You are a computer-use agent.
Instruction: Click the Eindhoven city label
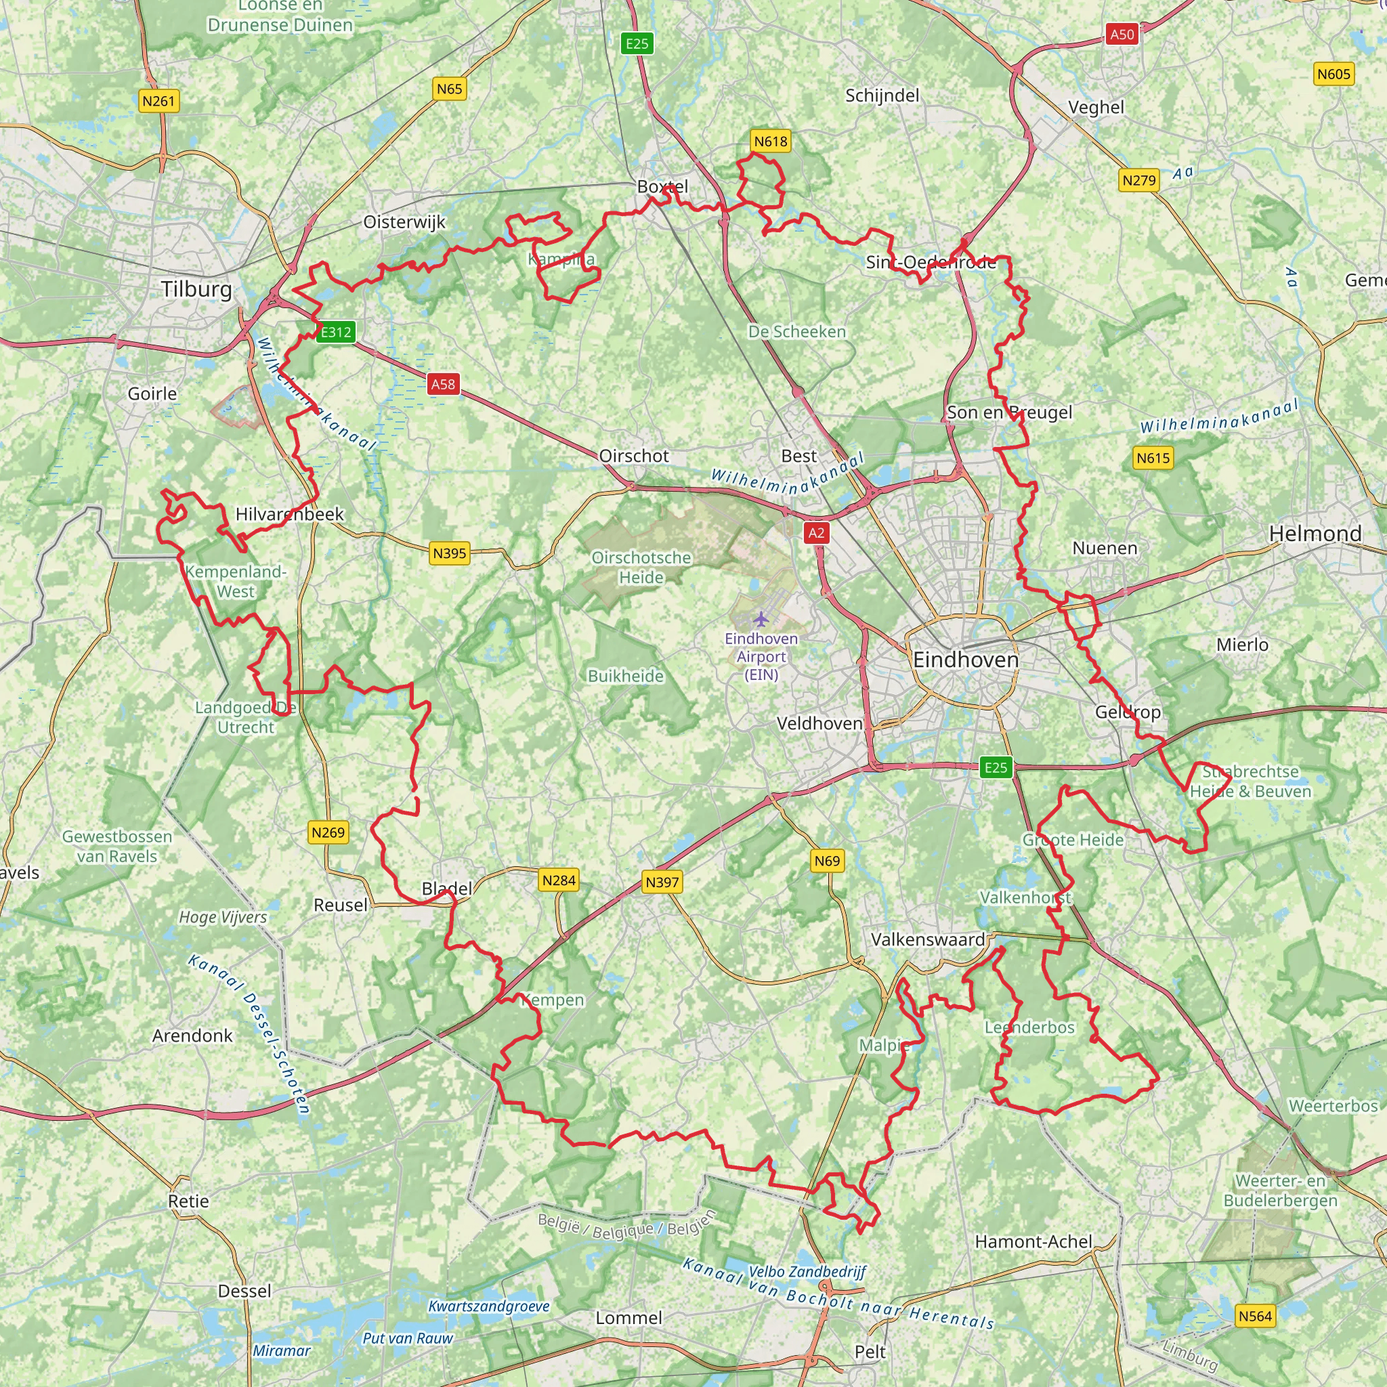[966, 660]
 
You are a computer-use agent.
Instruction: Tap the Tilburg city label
[196, 289]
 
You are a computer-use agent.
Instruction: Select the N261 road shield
[158, 101]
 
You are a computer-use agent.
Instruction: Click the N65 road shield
[450, 89]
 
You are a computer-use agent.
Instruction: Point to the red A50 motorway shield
[1122, 35]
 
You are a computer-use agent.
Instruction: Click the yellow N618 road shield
[770, 142]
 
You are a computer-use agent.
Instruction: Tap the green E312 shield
[336, 333]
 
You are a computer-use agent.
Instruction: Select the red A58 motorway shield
[443, 384]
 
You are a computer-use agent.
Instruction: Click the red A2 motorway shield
[816, 533]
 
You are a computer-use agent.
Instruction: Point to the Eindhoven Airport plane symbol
[761, 618]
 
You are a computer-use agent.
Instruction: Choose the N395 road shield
[450, 553]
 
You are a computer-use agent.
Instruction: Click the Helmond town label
[1315, 534]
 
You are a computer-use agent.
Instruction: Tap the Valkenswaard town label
[928, 939]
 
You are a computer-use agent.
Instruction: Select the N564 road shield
[1255, 1316]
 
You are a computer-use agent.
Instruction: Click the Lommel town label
[629, 1318]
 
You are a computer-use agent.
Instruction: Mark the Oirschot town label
[634, 456]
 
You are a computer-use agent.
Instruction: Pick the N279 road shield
[1139, 180]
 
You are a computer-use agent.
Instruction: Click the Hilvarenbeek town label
[290, 514]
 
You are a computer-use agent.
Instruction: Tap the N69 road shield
[827, 861]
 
